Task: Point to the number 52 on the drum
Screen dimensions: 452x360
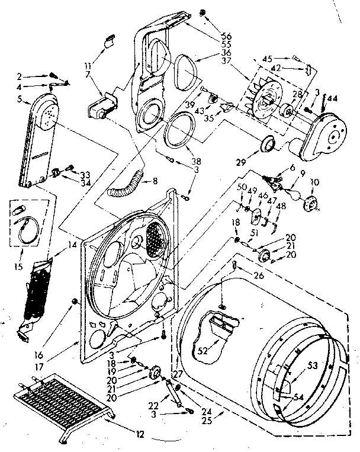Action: (x=203, y=351)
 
